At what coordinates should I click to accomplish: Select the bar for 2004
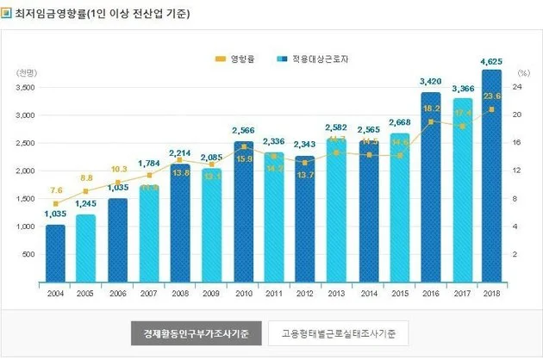click(55, 253)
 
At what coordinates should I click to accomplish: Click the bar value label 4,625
click(491, 61)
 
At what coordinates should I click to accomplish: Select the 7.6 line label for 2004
click(56, 189)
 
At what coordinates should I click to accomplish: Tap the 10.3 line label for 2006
click(118, 169)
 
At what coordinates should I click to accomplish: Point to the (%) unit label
click(521, 72)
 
